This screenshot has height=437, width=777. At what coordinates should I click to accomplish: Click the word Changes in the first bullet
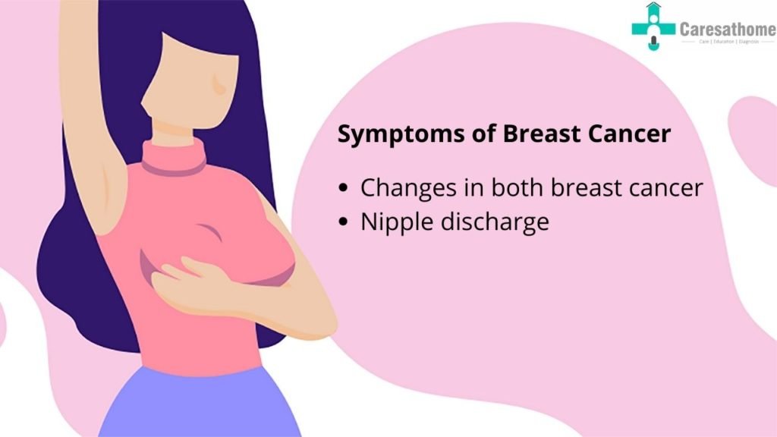pos(402,188)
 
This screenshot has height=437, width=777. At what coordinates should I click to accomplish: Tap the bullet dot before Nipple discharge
pos(346,223)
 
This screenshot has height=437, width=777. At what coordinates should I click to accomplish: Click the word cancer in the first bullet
pos(664,187)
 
